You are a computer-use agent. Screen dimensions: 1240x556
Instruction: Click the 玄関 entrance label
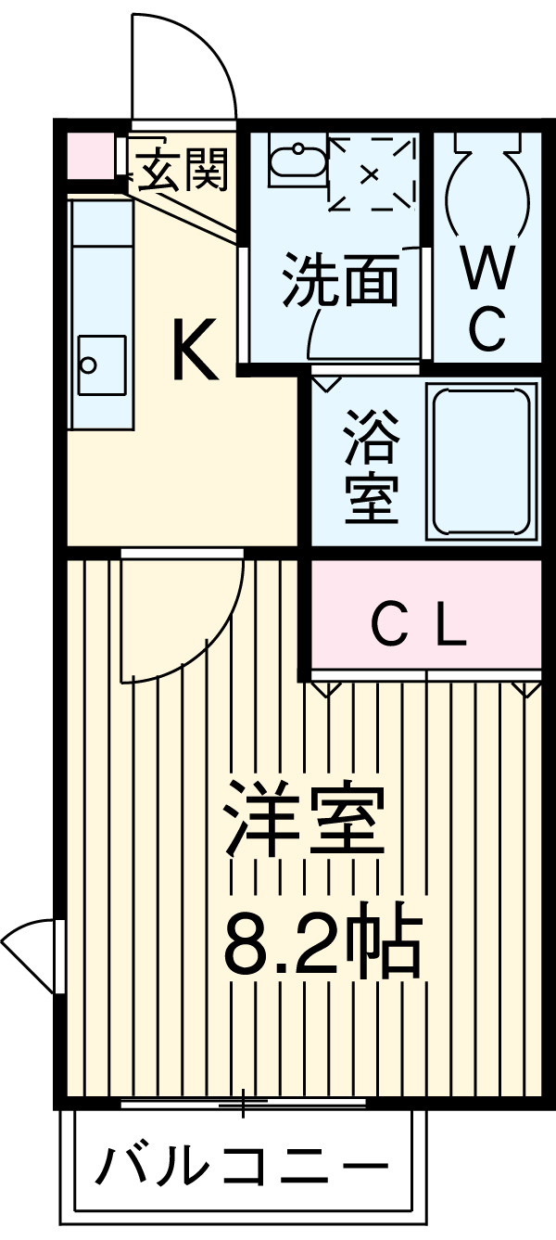point(184,170)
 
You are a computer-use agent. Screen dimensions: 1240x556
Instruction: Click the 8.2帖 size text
point(322,941)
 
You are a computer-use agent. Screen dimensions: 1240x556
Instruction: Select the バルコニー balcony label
point(243,1166)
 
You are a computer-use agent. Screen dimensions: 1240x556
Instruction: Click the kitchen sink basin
point(100,362)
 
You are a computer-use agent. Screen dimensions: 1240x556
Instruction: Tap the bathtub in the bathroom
point(482,460)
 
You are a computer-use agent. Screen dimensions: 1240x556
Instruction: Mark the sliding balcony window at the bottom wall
point(244,1103)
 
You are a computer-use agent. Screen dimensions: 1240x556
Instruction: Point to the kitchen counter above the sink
point(100,260)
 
